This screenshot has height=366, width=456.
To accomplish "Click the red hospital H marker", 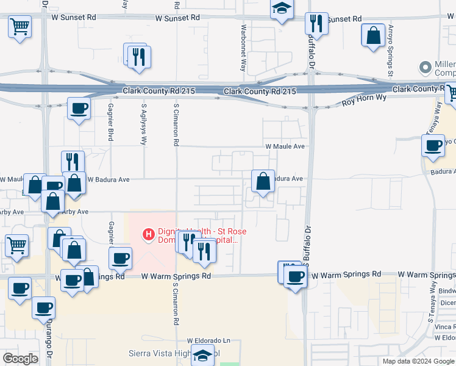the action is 148,233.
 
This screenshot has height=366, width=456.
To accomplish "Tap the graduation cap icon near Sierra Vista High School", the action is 202,354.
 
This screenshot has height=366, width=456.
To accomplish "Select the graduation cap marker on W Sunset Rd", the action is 282,9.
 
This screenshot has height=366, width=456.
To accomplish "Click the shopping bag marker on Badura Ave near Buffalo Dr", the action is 263,181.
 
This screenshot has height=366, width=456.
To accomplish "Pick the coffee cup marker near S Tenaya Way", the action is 433,146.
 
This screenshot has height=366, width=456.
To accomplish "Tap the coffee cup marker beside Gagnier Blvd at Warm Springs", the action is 121,258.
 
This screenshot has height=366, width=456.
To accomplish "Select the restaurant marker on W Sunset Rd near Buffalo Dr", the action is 316,24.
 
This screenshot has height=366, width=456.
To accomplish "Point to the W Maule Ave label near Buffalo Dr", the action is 284,146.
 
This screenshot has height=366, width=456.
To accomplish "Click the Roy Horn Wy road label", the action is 365,99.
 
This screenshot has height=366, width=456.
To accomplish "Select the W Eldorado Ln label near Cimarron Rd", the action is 210,340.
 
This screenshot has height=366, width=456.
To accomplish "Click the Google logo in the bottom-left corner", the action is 20,359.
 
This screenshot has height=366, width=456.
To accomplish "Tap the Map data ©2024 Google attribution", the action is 418,361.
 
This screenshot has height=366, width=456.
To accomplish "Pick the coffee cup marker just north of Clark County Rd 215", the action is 79,109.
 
